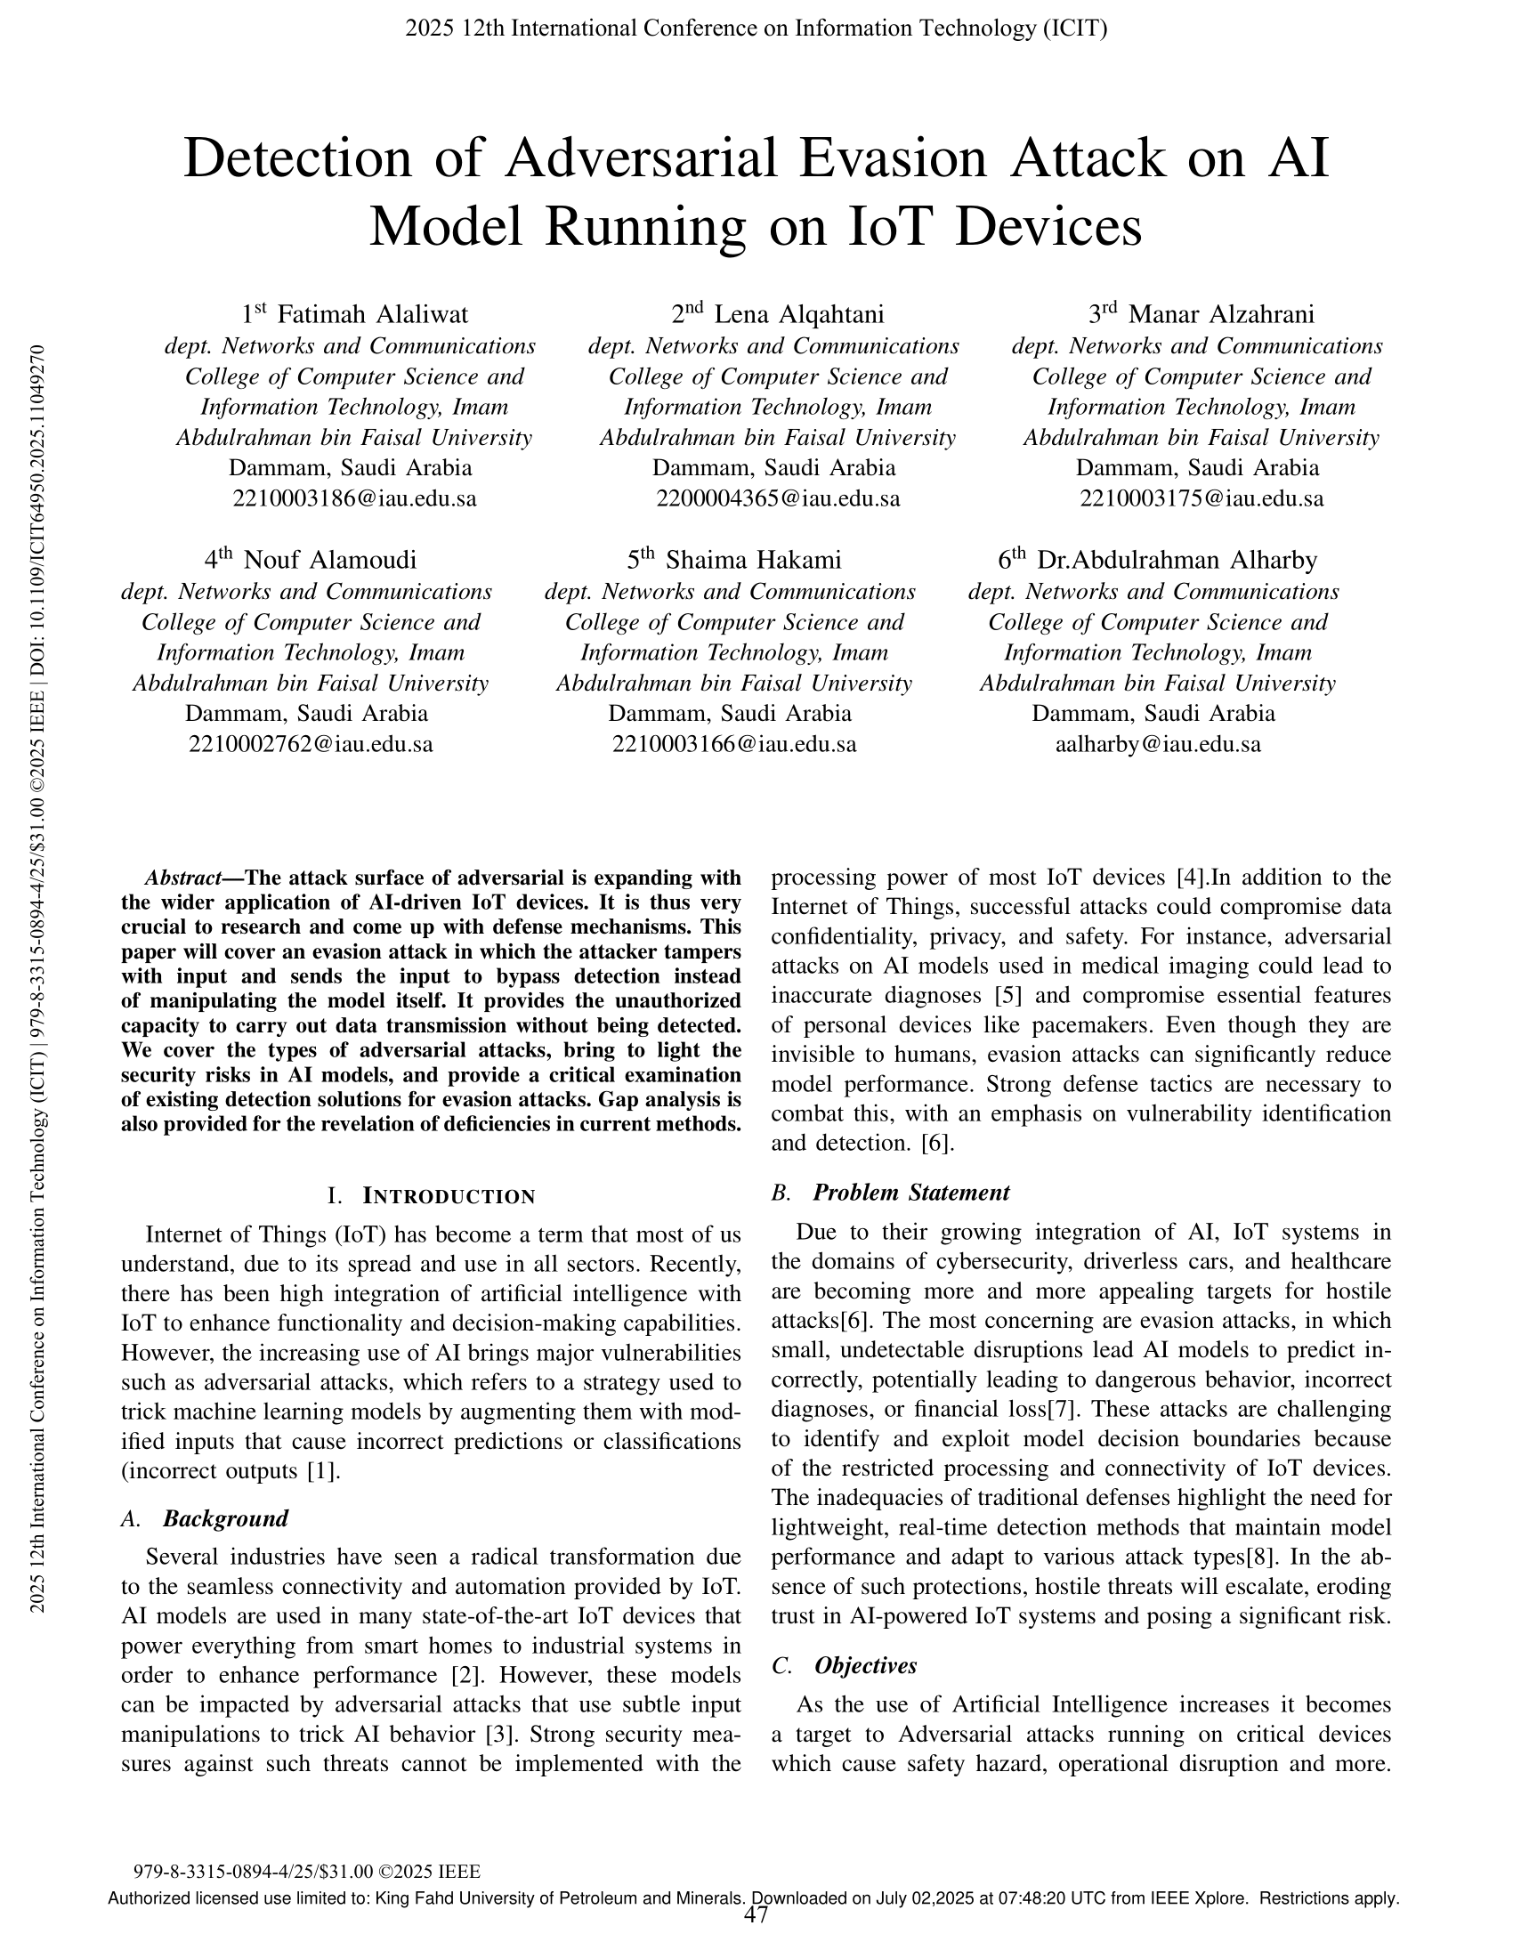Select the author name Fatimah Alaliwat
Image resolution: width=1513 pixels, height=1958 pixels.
pyautogui.click(x=372, y=315)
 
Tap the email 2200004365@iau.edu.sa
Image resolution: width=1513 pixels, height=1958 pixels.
pyautogui.click(x=777, y=499)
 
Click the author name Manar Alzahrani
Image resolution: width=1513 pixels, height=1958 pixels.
pyautogui.click(x=1221, y=315)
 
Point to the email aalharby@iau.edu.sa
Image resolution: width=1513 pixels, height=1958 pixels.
pyautogui.click(x=1158, y=745)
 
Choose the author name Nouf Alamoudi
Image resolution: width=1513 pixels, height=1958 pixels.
pyautogui.click(x=330, y=561)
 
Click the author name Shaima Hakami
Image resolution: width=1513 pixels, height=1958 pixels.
pyautogui.click(x=753, y=561)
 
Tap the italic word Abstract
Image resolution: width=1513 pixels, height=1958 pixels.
pyautogui.click(x=183, y=878)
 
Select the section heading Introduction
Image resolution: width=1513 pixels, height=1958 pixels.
pyautogui.click(x=449, y=1196)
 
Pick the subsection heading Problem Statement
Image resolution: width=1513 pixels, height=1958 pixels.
pyautogui.click(x=910, y=1193)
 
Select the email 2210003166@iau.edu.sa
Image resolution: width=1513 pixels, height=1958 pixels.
pyautogui.click(x=734, y=745)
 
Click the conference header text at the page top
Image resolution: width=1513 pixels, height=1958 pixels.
pyautogui.click(x=756, y=28)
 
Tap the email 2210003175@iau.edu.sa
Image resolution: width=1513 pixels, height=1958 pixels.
pyautogui.click(x=1201, y=499)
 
